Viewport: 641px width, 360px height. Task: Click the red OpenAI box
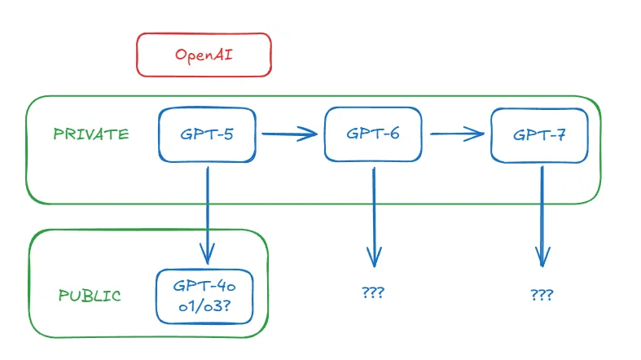(203, 55)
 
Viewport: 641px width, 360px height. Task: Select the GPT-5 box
(207, 134)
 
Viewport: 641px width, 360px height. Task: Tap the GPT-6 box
(372, 134)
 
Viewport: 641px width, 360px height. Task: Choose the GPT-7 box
(539, 135)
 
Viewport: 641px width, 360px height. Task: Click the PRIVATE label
(90, 134)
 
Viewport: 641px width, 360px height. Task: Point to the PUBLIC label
(90, 296)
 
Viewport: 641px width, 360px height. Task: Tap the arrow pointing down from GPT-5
(208, 212)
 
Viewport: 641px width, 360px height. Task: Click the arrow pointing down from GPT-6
(374, 216)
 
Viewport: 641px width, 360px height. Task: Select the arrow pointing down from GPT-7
(541, 216)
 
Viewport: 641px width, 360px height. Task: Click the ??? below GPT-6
(372, 292)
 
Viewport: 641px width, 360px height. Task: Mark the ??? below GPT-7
(540, 294)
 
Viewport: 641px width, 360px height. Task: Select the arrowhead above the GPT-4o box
(208, 255)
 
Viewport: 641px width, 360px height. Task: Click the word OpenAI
(203, 55)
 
